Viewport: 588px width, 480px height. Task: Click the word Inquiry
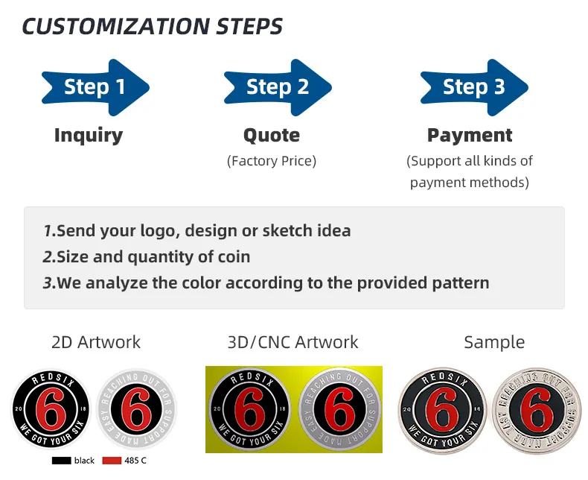(89, 135)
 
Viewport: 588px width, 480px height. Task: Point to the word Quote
(272, 135)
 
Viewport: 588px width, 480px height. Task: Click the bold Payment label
(470, 135)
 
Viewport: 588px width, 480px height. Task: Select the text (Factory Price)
(272, 161)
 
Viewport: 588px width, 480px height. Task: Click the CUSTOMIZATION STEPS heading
(153, 26)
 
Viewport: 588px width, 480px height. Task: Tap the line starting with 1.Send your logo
(196, 230)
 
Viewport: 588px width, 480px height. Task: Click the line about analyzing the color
(266, 282)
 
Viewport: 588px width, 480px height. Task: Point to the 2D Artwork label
(96, 342)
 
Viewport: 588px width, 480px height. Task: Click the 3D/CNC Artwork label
(293, 342)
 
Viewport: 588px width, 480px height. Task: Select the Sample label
(494, 342)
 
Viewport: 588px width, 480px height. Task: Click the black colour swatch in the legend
(61, 461)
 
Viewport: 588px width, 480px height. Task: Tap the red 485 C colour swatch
(111, 461)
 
